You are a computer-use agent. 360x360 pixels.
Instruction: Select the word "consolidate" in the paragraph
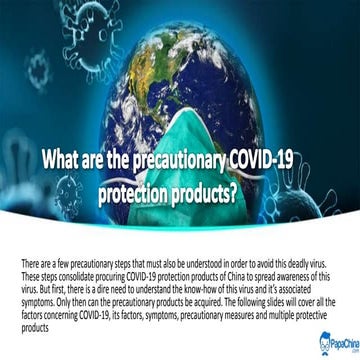(71, 273)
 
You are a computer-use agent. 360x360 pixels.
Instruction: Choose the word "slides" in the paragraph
(261, 305)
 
